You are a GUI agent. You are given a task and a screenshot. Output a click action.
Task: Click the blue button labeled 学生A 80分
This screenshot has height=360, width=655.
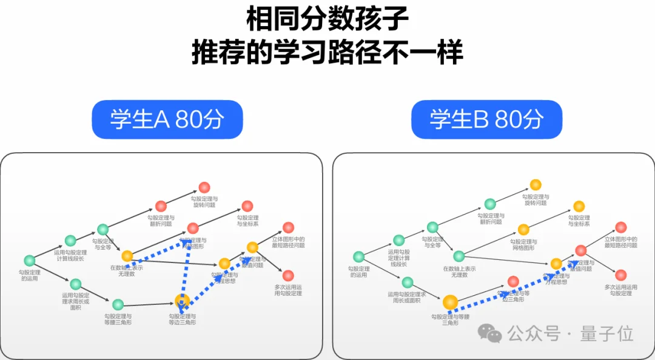[x=167, y=119]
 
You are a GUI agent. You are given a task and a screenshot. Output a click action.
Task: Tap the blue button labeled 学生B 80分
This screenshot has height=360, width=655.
[x=486, y=119]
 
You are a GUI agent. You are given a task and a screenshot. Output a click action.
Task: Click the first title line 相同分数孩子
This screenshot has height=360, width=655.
[x=327, y=19]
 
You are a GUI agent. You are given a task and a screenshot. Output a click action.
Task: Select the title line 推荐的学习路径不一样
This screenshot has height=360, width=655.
[x=327, y=53]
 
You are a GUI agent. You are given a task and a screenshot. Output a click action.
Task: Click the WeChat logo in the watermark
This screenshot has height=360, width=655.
[x=489, y=332]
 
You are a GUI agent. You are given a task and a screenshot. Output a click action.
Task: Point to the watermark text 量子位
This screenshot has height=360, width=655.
[x=606, y=333]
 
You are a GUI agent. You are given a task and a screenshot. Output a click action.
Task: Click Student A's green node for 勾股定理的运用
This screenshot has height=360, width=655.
[x=29, y=261]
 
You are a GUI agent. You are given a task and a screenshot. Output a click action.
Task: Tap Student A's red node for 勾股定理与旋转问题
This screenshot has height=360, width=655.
[x=204, y=188]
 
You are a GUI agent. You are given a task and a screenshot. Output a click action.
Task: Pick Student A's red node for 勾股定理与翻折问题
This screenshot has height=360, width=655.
[x=161, y=206]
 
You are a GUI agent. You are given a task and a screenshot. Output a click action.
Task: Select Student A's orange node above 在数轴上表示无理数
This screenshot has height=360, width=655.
[x=127, y=256]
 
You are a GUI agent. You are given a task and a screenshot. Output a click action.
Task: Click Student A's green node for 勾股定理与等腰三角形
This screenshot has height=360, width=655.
[x=118, y=304]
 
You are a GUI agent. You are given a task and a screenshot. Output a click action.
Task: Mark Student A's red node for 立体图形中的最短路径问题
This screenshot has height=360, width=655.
[x=288, y=227]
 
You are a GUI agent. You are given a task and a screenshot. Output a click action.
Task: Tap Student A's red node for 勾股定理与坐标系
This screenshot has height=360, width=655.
[x=247, y=206]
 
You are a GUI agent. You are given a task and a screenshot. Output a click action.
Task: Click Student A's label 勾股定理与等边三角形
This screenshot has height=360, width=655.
[x=182, y=319]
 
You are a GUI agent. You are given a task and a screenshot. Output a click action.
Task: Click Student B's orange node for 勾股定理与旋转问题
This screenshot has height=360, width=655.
[x=536, y=185]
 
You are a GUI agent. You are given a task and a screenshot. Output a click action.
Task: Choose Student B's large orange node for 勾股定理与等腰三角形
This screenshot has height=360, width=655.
[x=449, y=302]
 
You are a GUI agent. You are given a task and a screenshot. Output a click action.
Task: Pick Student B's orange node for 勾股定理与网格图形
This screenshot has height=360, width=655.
[x=523, y=229]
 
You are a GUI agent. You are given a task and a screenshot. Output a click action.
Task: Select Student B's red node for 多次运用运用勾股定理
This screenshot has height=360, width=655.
[x=620, y=275]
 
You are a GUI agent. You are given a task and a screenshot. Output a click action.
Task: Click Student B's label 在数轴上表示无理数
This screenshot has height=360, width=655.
[x=458, y=272]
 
